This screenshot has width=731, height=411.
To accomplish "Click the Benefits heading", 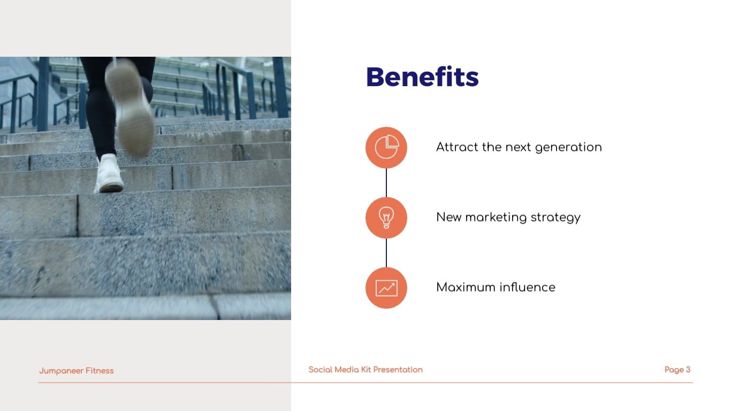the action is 422,77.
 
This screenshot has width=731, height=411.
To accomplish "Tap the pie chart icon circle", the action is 386,148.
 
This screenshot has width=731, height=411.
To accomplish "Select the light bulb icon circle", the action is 386,218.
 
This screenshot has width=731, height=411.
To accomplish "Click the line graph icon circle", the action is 386,288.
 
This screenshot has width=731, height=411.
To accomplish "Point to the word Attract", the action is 457,147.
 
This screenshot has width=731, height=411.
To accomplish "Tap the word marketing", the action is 496,217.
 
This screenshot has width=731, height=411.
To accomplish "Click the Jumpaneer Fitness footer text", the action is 77,371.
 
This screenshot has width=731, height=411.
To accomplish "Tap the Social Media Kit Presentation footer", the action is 365,370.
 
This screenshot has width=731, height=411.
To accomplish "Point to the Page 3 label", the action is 677,370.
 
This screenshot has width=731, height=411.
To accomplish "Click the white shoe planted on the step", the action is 109,173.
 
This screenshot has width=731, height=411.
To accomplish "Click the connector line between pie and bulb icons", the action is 386,183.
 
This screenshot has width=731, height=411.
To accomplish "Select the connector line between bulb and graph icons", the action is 386,253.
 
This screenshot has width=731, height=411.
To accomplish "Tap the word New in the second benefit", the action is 448,217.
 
